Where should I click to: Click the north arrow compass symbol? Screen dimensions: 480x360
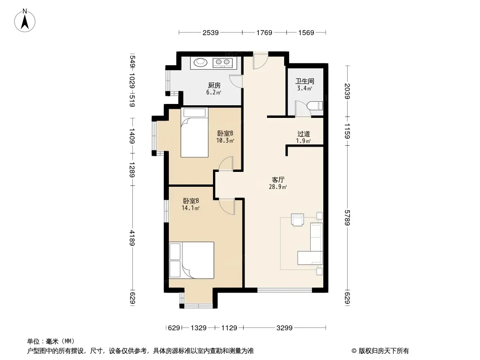coord(25,20)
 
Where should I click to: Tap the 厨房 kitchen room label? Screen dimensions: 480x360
coord(214,85)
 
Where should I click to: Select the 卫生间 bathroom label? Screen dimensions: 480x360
coord(304,81)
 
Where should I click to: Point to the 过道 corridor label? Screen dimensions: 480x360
coord(303,134)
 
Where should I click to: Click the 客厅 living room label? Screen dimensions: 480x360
coord(278,180)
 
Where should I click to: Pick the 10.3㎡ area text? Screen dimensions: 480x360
coord(225,141)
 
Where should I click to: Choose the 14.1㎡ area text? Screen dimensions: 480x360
coord(191,208)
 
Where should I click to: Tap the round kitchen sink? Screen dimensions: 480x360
coord(200,62)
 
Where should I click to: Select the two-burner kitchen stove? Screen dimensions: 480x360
coord(223,63)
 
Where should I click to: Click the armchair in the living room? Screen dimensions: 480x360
coord(298,220)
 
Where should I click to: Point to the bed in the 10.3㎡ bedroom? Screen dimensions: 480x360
coord(195,132)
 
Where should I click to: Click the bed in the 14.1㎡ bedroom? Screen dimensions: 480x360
coord(191,260)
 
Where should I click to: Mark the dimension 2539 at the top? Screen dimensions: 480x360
coord(211,32)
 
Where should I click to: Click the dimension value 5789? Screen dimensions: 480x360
coord(347,218)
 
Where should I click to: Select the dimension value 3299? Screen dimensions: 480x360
coord(285,328)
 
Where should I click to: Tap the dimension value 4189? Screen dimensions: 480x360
coord(132,238)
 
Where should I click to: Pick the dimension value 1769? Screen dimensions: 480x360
coord(264,32)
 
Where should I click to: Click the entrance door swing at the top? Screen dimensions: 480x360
coord(261,61)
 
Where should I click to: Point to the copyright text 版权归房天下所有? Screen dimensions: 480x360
coord(383,351)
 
